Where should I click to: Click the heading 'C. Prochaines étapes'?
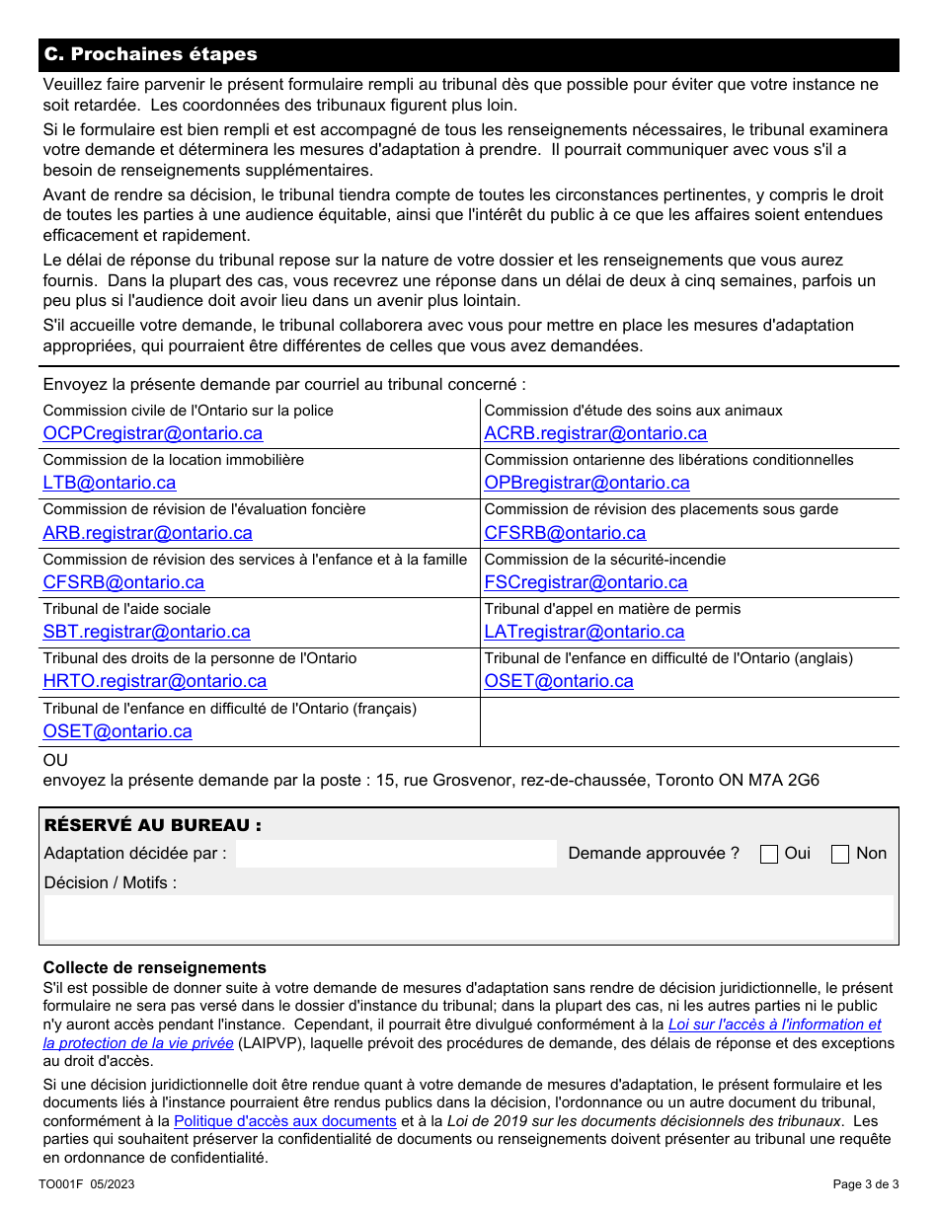pyautogui.click(x=150, y=55)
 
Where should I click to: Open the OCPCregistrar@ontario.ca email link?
pyautogui.click(x=153, y=433)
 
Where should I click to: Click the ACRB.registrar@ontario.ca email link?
pyautogui.click(x=595, y=433)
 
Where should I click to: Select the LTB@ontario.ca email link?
pyautogui.click(x=110, y=483)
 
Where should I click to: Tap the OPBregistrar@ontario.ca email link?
pyautogui.click(x=586, y=483)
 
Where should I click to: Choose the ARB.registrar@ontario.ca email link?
pyautogui.click(x=147, y=533)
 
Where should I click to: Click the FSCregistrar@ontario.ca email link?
pyautogui.click(x=586, y=582)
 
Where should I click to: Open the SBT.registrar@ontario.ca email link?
pyautogui.click(x=146, y=632)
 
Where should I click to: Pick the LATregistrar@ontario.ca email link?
pyautogui.click(x=584, y=632)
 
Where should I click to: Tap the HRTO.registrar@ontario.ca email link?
pyautogui.click(x=154, y=681)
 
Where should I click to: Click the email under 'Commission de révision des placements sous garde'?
pyautogui.click(x=565, y=533)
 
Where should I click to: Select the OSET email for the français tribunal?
pyautogui.click(x=117, y=731)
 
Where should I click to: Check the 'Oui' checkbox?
pyautogui.click(x=769, y=855)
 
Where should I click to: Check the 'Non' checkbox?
pyautogui.click(x=840, y=855)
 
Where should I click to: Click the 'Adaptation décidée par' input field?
pyautogui.click(x=396, y=854)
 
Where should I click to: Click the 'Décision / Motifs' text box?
pyautogui.click(x=469, y=918)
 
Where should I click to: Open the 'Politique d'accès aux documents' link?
pyautogui.click(x=285, y=1121)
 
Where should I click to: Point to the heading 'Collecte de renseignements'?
pyautogui.click(x=155, y=967)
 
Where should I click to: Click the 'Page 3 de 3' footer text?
pyautogui.click(x=866, y=1184)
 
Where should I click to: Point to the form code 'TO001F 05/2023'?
pyautogui.click(x=87, y=1184)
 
